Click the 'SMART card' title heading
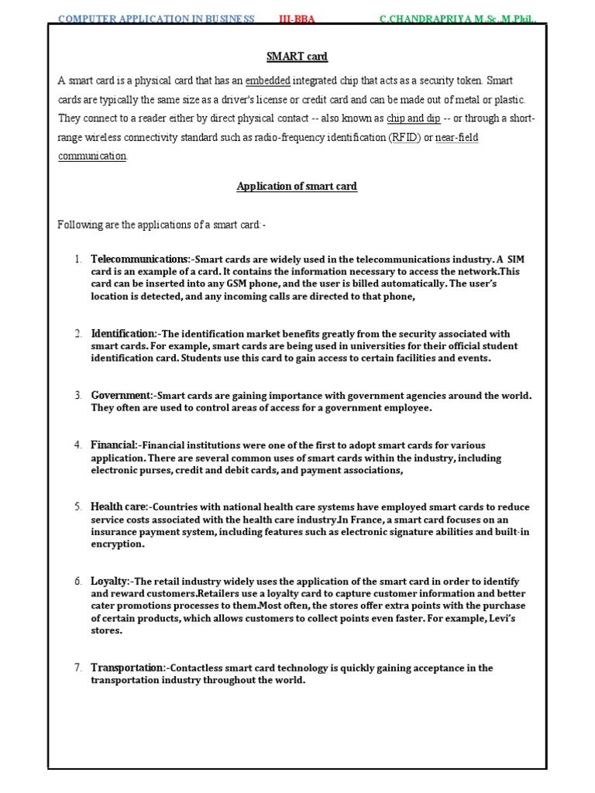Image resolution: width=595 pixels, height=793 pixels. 297,57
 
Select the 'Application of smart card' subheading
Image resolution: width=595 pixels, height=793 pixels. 297,187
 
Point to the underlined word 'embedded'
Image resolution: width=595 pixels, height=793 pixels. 268,81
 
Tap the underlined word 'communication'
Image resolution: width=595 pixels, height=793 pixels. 92,156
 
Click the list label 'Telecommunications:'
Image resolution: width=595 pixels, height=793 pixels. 140,258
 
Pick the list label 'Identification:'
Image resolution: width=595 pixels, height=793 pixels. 124,334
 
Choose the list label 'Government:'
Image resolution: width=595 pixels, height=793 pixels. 122,395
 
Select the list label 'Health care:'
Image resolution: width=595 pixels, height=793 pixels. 119,506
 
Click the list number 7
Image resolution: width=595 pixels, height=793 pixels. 78,668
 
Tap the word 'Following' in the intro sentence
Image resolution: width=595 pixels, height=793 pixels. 80,225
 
